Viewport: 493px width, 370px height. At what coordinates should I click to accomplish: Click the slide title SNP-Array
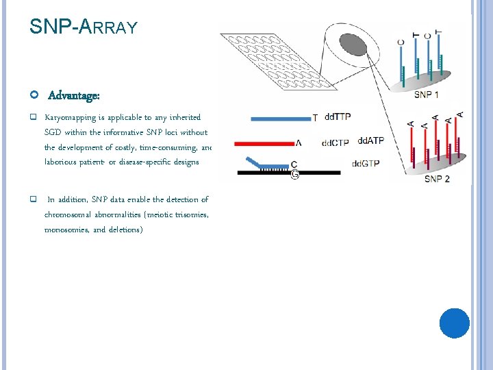tap(84, 27)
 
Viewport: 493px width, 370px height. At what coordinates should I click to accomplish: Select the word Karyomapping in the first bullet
tap(70, 117)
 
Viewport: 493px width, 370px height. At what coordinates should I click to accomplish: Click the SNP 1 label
tap(427, 94)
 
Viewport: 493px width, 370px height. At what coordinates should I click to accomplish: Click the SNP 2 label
tap(437, 179)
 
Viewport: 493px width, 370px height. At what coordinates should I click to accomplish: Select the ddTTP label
tap(337, 117)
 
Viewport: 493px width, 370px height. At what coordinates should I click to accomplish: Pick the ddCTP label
tap(335, 143)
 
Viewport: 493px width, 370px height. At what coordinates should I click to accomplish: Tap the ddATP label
tap(370, 140)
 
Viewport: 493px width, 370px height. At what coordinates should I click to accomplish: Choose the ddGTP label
tap(366, 164)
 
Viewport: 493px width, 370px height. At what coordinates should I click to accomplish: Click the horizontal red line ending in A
tap(264, 144)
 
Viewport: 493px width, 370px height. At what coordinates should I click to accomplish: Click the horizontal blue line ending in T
tap(280, 119)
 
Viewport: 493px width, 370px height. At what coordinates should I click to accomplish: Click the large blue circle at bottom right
tap(454, 323)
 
